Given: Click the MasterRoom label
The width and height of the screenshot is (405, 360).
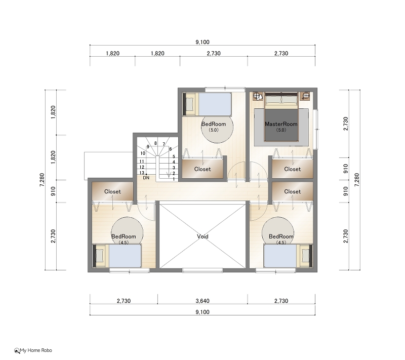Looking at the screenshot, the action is (281, 124).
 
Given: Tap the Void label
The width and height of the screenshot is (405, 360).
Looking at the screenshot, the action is (202, 236).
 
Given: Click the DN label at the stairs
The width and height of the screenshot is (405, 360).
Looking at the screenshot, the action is (146, 178).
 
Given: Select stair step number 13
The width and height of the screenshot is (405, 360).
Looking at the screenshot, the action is (142, 173).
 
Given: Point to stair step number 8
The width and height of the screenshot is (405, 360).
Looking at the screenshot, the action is (155, 143).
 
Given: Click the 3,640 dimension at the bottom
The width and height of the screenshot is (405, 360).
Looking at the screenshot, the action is (202, 301).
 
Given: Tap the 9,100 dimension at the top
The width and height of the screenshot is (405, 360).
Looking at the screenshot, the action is (202, 42).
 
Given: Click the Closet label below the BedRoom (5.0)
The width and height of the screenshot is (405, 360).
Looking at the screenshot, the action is (202, 169).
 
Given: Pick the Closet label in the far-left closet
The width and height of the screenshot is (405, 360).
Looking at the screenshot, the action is (112, 191).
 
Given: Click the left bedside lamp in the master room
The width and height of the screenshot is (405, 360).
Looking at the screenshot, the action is (258, 96).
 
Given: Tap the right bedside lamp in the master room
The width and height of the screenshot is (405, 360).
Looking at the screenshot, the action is (305, 96).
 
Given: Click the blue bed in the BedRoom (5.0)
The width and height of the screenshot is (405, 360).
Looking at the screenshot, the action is (215, 104).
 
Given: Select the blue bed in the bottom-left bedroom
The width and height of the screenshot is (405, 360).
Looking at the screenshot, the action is (125, 256).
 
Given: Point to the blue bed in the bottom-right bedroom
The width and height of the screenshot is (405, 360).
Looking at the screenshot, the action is (280, 256).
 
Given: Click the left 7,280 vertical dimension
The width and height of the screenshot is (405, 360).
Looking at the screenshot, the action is (42, 180).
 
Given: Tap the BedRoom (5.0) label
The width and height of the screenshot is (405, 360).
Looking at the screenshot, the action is (214, 127).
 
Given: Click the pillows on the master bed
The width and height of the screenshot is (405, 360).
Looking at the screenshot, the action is (281, 100).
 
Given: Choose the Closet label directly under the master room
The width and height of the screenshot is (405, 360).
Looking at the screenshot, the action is (293, 169).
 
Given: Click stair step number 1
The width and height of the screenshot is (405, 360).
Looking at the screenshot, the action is (174, 179).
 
